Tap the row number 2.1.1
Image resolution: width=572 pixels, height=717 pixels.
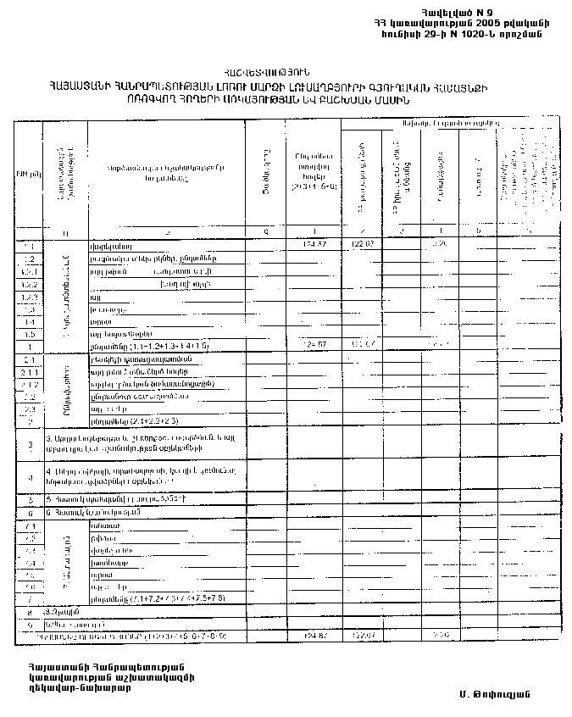click(x=29, y=371)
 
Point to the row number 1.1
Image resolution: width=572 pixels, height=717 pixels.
click(x=29, y=244)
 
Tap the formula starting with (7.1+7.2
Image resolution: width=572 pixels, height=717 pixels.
click(x=170, y=598)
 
